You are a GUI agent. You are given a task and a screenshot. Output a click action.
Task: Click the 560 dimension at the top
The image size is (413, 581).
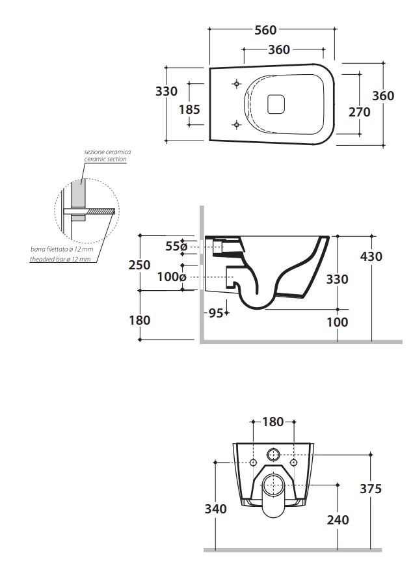265,30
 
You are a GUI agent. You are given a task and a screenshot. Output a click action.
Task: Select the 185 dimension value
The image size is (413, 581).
189,110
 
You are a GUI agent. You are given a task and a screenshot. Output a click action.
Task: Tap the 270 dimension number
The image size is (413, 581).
359,112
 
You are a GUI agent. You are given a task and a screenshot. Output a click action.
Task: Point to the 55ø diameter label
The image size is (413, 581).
176,246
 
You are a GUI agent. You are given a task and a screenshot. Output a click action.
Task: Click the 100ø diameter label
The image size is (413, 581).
172,277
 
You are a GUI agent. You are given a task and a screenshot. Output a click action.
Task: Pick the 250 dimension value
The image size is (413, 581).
139,265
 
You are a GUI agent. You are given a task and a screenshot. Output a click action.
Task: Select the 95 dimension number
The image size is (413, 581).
216,313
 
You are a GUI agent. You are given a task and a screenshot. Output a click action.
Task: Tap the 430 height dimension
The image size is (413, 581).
371,256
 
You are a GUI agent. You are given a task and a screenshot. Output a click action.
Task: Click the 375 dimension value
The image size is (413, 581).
371,489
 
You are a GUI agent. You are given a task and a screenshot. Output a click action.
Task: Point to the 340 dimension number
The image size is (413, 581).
215,509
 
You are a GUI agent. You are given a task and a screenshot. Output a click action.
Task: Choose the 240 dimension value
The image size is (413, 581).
338,520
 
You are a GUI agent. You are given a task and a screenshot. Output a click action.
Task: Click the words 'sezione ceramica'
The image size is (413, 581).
107,152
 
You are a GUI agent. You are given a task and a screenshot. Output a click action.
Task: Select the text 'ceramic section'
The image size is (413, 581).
105,159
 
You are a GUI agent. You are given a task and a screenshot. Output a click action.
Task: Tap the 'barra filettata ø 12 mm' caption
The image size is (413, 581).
62,249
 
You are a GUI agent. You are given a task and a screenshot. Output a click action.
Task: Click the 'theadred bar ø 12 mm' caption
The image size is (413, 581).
60,260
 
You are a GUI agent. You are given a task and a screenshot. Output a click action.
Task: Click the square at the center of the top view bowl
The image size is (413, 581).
276,103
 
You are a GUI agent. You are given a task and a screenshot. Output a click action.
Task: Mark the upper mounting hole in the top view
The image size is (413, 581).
237,84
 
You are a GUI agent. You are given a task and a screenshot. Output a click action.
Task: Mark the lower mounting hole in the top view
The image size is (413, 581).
237,124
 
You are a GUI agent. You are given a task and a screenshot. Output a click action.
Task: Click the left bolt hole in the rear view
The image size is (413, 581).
254,463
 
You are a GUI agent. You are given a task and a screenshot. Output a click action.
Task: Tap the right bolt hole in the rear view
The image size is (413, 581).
294,463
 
